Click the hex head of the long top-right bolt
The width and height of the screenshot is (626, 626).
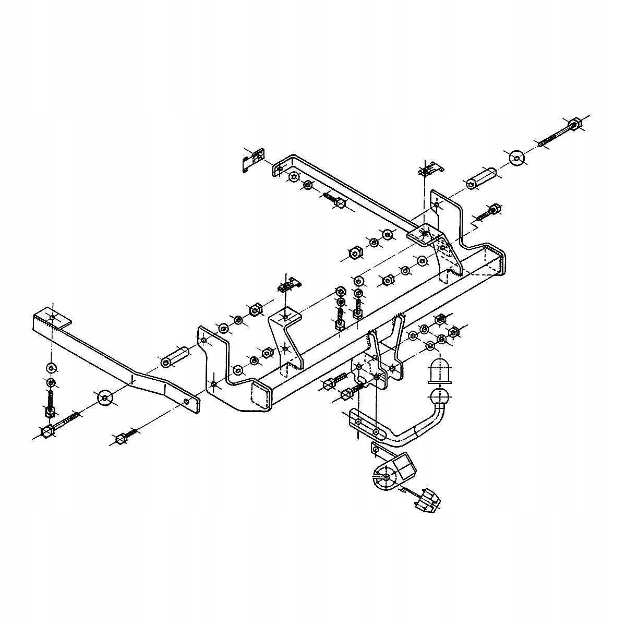(x=576, y=124)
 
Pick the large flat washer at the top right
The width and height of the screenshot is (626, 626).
(x=516, y=158)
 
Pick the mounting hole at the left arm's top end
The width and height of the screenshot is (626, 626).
(x=53, y=318)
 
